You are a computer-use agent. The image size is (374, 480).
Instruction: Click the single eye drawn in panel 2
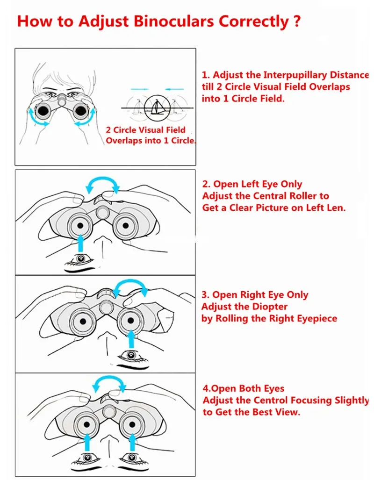click(81, 258)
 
